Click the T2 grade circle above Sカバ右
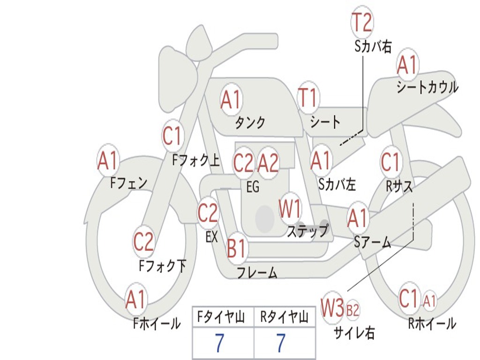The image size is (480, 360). pos(362,22)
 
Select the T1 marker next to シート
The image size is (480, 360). pos(308,98)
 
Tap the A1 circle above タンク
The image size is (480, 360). pos(231,99)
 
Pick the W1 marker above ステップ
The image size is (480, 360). pos(291,209)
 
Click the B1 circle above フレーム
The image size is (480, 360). pos(236,248)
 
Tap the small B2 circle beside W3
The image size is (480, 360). pos(352,309)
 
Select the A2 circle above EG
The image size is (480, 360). pos(269,163)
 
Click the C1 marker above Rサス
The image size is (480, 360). pos(391,162)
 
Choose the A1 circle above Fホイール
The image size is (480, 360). pos(136,300)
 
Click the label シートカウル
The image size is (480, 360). pos(427,88)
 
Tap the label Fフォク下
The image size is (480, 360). pos(163,266)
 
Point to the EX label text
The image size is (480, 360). pos(212,237)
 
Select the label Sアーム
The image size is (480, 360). pos(373,242)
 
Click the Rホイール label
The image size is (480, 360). pos(432,323)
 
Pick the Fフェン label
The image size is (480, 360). pos(129,183)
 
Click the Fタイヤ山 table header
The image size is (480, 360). pos(223,318)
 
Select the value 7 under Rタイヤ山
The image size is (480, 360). pos(280,344)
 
